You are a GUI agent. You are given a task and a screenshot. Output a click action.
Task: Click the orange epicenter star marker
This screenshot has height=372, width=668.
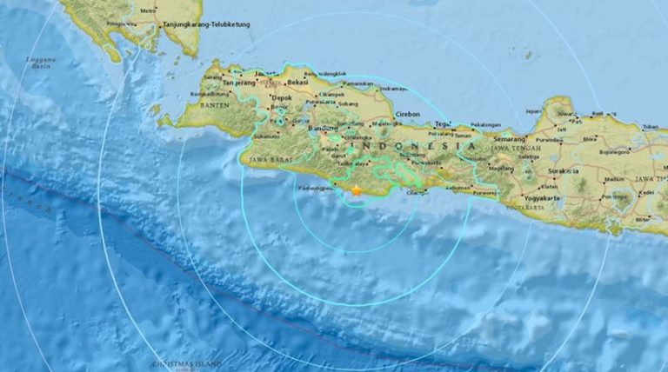[x=356, y=189]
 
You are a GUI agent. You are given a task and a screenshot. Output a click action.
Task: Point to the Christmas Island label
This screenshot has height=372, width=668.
[x=186, y=363]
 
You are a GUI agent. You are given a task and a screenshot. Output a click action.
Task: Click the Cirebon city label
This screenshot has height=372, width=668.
[x=408, y=114]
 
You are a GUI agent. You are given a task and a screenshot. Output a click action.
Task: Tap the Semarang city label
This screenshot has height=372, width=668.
[x=509, y=138]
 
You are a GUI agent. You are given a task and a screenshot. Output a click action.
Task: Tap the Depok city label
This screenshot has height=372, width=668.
[x=282, y=99]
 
